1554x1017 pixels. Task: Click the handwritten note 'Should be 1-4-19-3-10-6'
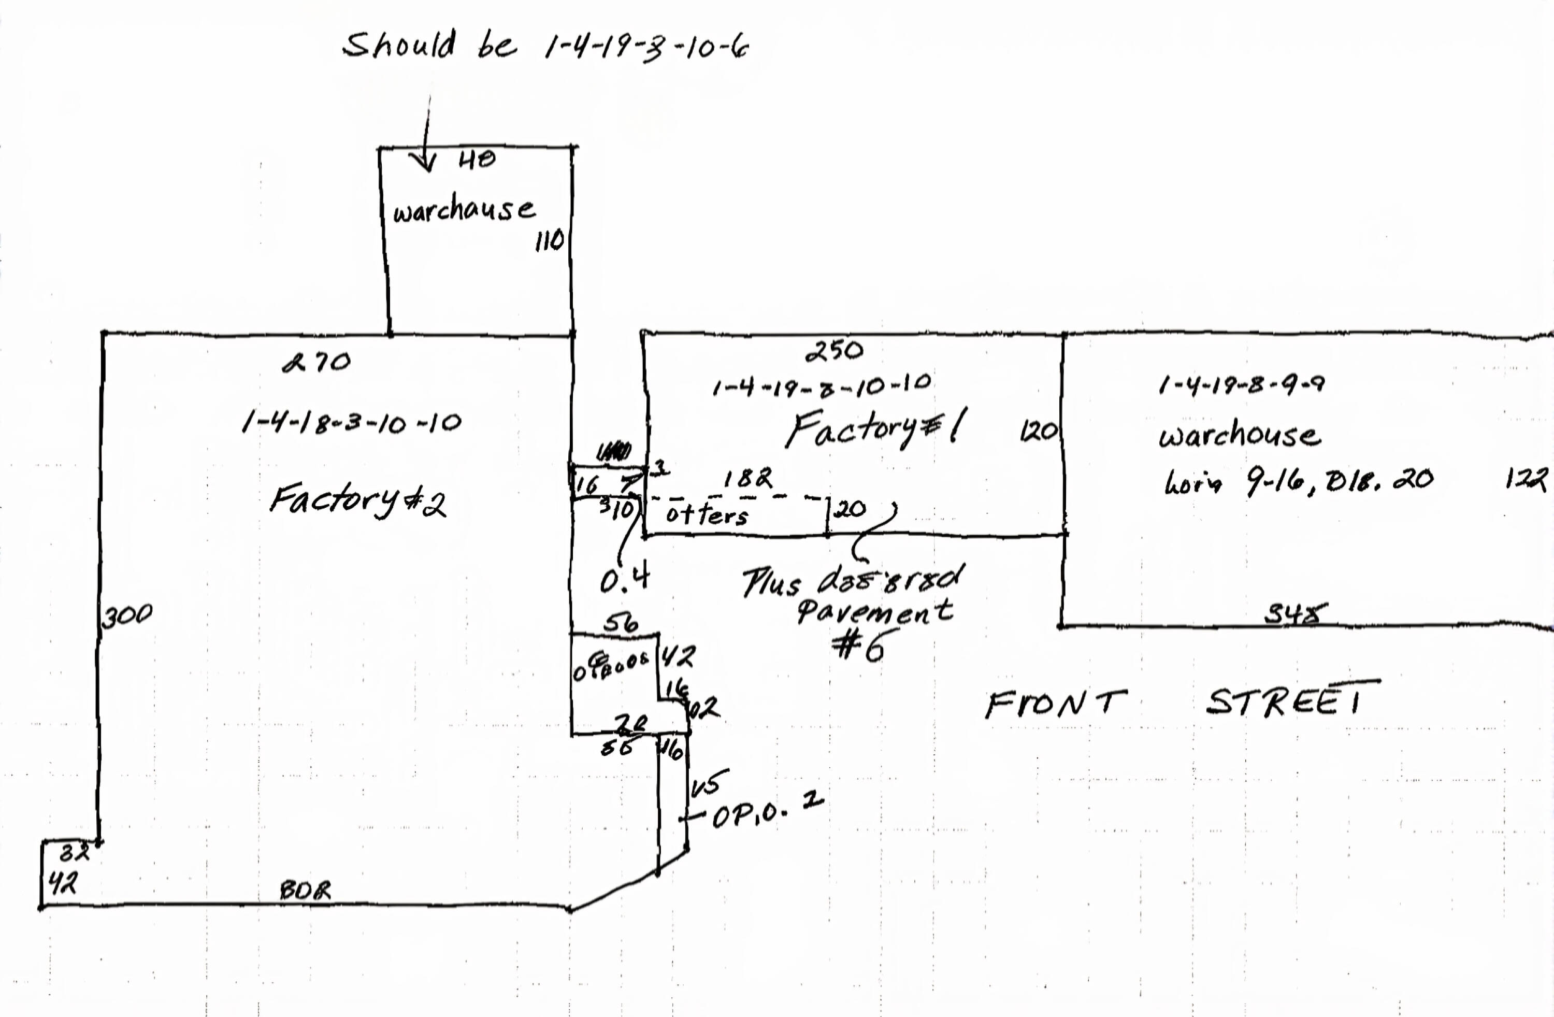tap(546, 46)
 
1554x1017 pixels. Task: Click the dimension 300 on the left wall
tap(127, 614)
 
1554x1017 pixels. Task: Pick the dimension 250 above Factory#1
tap(834, 351)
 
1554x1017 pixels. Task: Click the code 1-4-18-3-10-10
tap(351, 423)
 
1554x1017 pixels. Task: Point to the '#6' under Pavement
tap(859, 646)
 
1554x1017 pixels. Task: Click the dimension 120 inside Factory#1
tap(1038, 431)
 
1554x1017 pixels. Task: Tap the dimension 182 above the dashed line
tap(747, 479)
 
